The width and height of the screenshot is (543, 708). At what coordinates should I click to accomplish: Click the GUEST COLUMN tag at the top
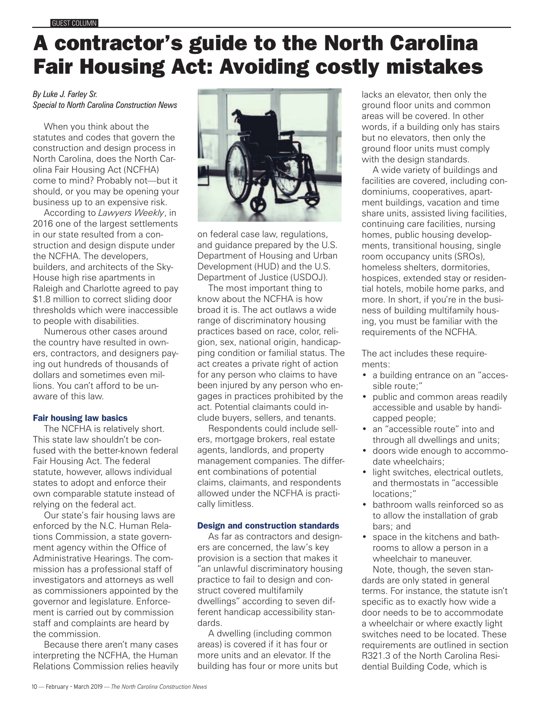click(74, 23)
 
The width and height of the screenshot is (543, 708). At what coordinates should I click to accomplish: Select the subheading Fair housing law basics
click(80, 418)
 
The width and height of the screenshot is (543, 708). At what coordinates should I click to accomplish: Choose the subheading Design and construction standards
click(268, 526)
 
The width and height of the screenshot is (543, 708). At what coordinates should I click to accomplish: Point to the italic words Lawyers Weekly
click(131, 213)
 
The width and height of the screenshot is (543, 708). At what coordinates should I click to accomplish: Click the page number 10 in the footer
click(35, 687)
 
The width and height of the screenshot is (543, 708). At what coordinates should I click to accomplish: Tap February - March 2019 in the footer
click(74, 687)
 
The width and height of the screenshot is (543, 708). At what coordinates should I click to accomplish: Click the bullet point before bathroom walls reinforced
click(365, 505)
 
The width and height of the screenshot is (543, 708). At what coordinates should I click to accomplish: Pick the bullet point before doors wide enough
click(365, 451)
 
